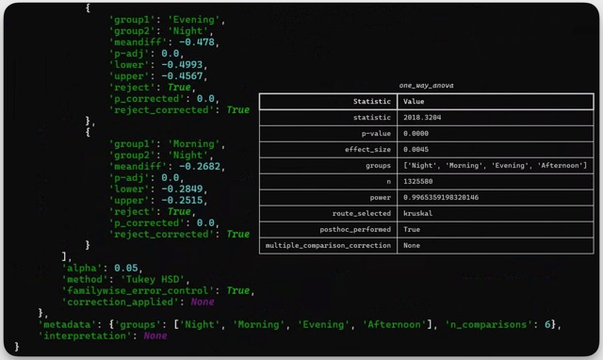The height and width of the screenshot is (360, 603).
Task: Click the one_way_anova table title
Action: point(427,85)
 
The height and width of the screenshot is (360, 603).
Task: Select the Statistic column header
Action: point(370,101)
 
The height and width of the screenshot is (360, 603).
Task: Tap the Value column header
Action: point(413,101)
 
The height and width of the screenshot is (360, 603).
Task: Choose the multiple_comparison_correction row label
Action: point(328,245)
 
